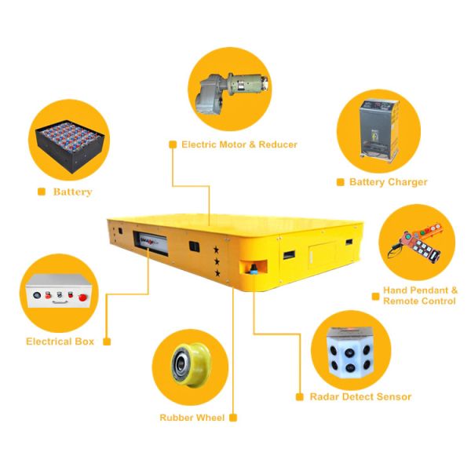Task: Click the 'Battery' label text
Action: (x=73, y=192)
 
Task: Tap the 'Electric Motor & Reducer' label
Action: (x=239, y=144)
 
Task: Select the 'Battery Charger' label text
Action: (x=388, y=182)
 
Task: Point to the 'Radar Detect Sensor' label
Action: (x=360, y=396)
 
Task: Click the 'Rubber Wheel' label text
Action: (x=192, y=418)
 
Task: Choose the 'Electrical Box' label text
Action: (x=60, y=341)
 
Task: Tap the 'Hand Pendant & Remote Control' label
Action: (x=420, y=296)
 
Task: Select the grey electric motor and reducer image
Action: (x=232, y=92)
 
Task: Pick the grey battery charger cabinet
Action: (x=380, y=130)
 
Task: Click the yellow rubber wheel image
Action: (x=191, y=364)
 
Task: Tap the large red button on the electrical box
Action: (x=82, y=298)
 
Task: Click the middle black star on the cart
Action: (x=217, y=261)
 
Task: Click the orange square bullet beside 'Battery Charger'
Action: (x=341, y=182)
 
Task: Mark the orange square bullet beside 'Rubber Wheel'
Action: (x=233, y=418)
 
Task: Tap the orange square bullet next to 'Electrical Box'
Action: (x=107, y=341)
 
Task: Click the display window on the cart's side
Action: (x=151, y=243)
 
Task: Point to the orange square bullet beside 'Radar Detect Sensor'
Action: (x=300, y=396)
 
